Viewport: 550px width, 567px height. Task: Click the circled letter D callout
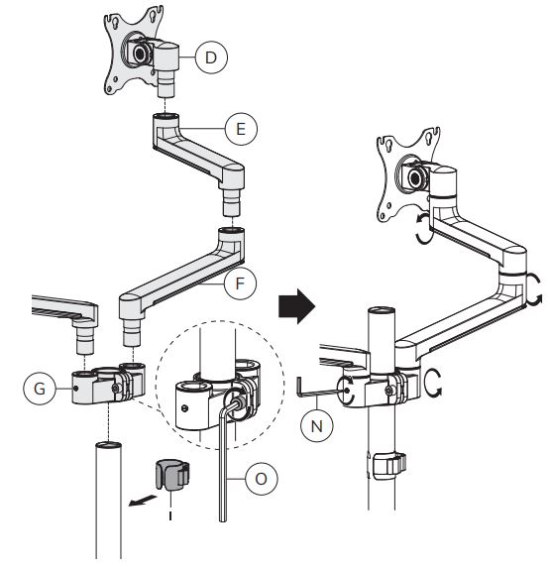tap(211, 57)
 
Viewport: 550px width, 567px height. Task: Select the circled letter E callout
tap(241, 129)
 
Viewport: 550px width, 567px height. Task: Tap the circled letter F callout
tap(240, 283)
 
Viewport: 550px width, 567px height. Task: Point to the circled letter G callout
tap(40, 389)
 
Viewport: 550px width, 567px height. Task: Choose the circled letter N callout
tap(317, 425)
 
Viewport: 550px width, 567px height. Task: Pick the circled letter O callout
tap(261, 479)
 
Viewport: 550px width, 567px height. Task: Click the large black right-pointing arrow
tap(297, 306)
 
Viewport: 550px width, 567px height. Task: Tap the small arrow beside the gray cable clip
tap(143, 501)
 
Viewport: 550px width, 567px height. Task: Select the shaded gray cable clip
tap(172, 475)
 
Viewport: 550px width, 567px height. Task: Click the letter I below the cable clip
tap(170, 514)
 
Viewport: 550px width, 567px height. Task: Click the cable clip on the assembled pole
tap(386, 466)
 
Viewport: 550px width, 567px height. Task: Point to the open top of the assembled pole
tap(382, 311)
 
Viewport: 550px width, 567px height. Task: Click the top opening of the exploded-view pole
tap(108, 445)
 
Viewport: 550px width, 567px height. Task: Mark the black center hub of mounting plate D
tap(140, 54)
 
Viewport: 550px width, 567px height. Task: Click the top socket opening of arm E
tap(165, 116)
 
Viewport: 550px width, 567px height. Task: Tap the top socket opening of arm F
tap(231, 230)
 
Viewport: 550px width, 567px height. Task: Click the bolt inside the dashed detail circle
tap(237, 402)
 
